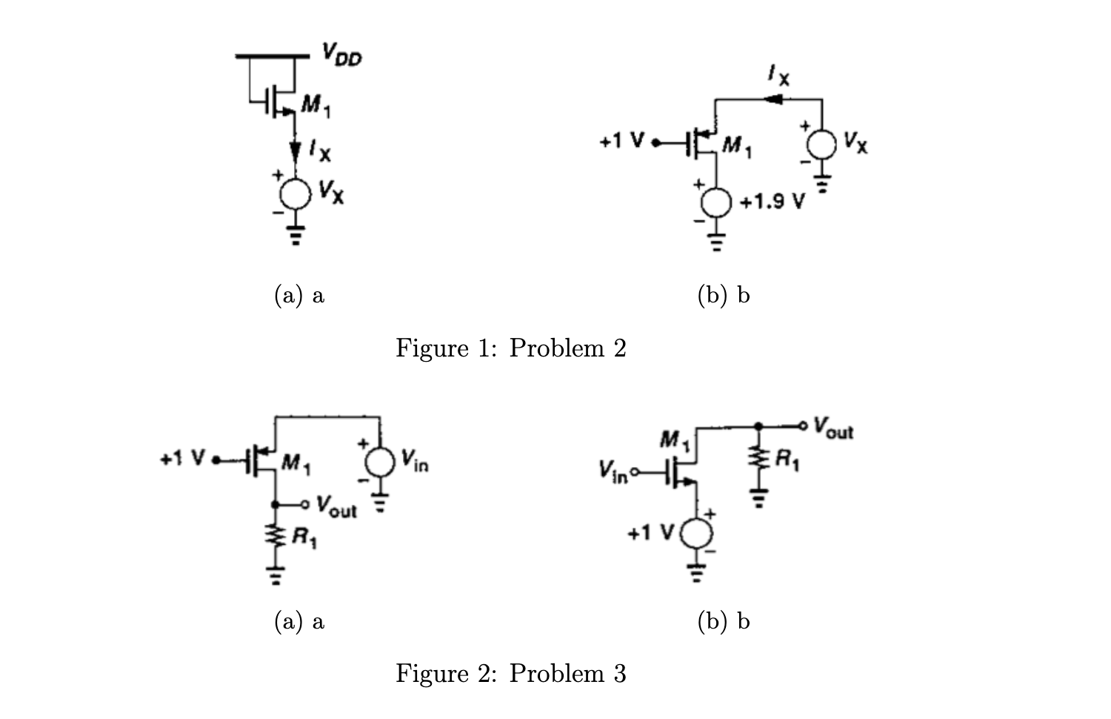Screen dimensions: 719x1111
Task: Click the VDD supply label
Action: [x=341, y=54]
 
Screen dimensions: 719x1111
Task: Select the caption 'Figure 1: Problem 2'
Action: [x=510, y=348]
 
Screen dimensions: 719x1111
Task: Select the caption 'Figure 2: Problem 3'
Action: [x=510, y=673]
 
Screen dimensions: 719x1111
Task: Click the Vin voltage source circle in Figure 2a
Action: [x=380, y=462]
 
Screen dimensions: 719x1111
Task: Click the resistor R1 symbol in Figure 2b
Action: [x=757, y=460]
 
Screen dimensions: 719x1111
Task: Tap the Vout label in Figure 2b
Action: [x=833, y=428]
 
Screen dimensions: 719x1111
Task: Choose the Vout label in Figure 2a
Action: [x=336, y=507]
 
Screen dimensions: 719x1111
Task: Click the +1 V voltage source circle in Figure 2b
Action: [x=695, y=532]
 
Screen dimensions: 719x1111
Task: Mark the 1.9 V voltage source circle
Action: [x=716, y=202]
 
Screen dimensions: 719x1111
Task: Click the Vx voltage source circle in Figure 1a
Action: [x=295, y=194]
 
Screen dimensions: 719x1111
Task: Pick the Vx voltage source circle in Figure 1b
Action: [x=821, y=144]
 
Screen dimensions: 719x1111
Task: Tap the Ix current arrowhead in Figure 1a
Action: [x=295, y=150]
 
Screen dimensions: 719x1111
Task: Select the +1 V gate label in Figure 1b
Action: [x=624, y=141]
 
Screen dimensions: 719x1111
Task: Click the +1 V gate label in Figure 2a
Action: [x=183, y=459]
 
